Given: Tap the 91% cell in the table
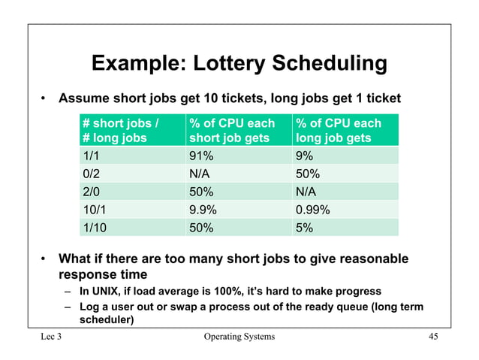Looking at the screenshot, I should [x=200, y=155].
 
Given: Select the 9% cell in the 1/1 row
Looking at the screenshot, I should [x=304, y=155].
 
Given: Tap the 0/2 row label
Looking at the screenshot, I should [x=91, y=173].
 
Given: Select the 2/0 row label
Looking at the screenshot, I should [x=91, y=191].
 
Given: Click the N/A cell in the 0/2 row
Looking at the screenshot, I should [x=200, y=173].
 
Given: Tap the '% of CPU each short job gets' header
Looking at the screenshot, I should [x=232, y=130].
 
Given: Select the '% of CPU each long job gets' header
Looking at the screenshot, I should [x=339, y=130].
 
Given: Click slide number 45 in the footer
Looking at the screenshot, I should [x=432, y=336].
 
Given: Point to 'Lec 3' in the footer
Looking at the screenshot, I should [x=52, y=336].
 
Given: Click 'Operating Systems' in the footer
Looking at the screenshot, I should [x=239, y=336].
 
